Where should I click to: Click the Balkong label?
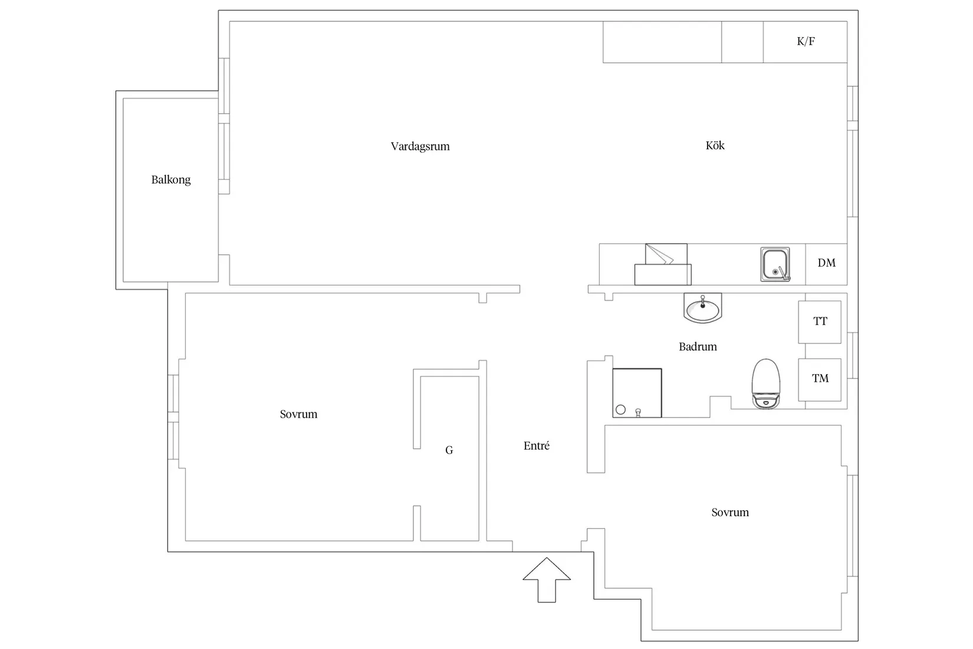coord(170,179)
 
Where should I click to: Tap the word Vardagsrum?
coord(420,146)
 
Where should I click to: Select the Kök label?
coord(715,145)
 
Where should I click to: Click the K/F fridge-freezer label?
coord(806,41)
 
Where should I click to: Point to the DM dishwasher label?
coord(827,263)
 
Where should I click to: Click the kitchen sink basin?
coord(775,264)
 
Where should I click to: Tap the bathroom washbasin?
coord(702,308)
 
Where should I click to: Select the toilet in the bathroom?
coord(766,384)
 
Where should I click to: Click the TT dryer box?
coord(820,322)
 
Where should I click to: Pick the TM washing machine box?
coord(820,379)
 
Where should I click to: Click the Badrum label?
coord(698,346)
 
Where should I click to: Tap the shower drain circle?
coord(621,409)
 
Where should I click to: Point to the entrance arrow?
coord(547,579)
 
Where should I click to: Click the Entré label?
coord(537,445)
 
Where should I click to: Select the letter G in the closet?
coord(449,450)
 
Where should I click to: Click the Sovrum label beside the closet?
coord(298,414)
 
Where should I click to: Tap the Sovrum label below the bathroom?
coord(730,513)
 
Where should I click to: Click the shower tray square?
coord(637,393)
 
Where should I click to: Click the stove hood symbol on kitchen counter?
coord(663,264)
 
